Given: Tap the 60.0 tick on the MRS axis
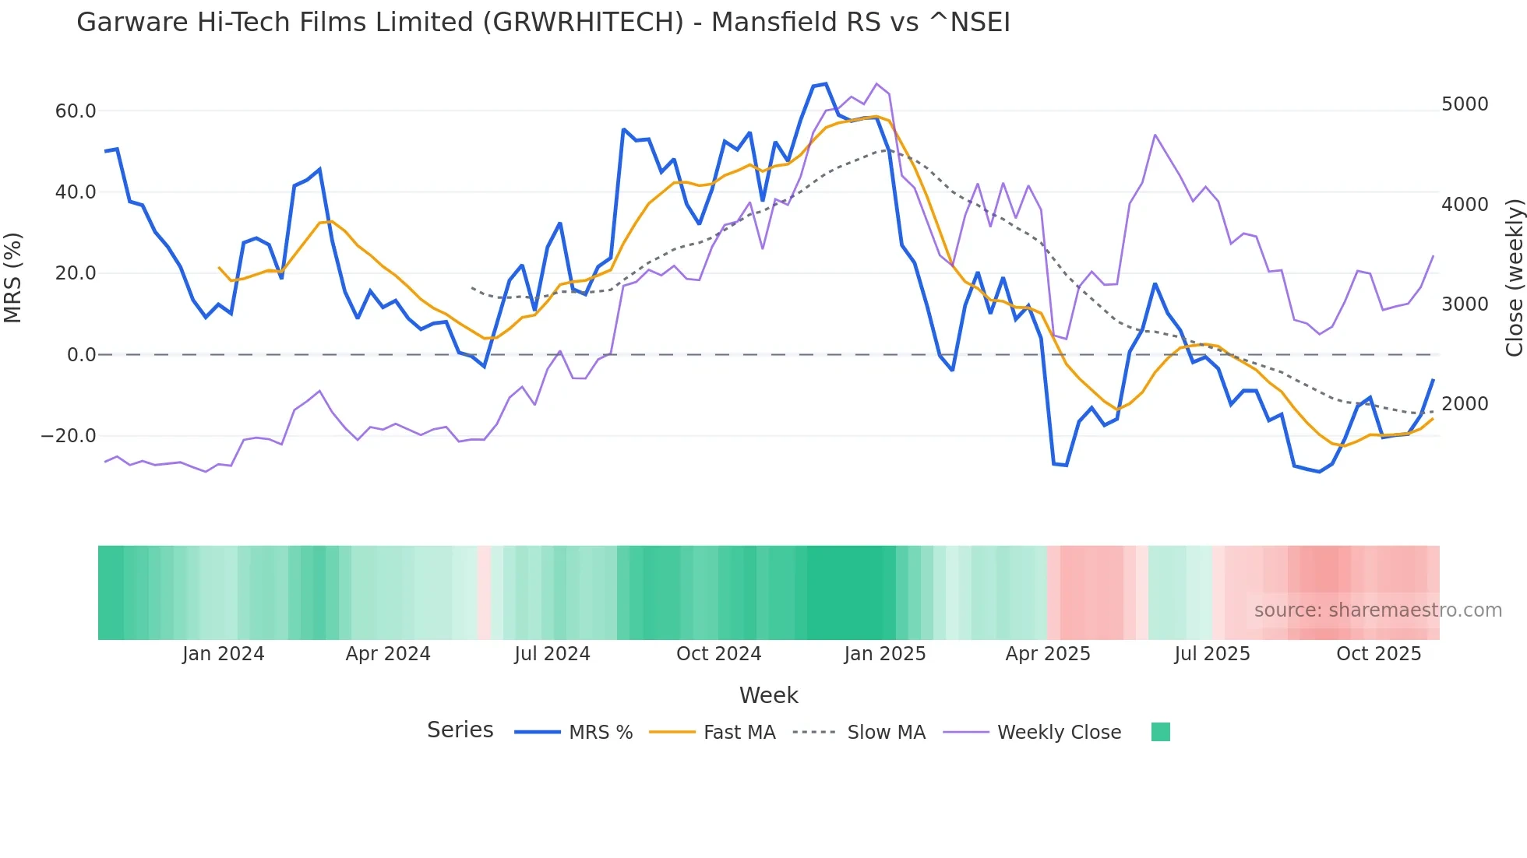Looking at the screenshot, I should click(x=76, y=111).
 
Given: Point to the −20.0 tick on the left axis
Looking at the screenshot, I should click(x=69, y=436).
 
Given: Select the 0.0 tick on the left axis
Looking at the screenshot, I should click(x=82, y=355).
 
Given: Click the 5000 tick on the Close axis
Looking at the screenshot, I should click(x=1465, y=104).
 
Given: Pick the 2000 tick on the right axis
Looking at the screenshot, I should click(x=1465, y=404).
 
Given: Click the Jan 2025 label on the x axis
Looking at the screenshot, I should click(x=885, y=654).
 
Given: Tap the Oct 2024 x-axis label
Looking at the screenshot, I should click(x=718, y=654).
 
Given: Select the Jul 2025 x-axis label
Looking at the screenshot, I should click(x=1212, y=654).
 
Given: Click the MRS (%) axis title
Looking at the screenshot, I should click(x=13, y=277).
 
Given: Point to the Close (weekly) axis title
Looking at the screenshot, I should click(x=1514, y=277).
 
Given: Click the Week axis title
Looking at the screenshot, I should click(x=768, y=695).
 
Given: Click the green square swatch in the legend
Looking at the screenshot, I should click(x=1161, y=733).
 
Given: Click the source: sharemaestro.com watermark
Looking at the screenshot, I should click(x=1377, y=610).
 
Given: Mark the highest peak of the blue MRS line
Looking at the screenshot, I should click(x=826, y=84).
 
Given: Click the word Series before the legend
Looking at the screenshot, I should click(x=460, y=730).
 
